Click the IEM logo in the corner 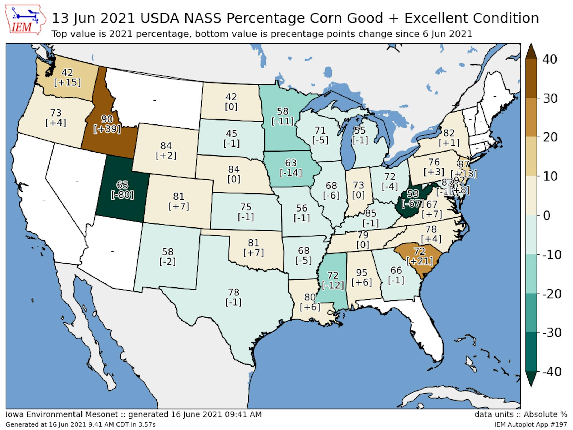(25, 20)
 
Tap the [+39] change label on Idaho (107, 129)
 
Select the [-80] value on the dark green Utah (122, 195)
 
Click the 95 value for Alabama (362, 272)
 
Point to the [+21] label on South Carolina (420, 261)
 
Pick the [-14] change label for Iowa (291, 173)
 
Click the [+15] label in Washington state (67, 82)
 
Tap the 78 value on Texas (233, 292)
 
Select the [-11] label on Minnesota (283, 121)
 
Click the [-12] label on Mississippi (333, 285)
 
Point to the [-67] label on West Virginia (412, 204)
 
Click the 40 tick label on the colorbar (549, 59)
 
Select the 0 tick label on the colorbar (547, 216)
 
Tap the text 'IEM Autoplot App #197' (531, 424)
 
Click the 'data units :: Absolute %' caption (521, 414)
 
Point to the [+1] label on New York (449, 143)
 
